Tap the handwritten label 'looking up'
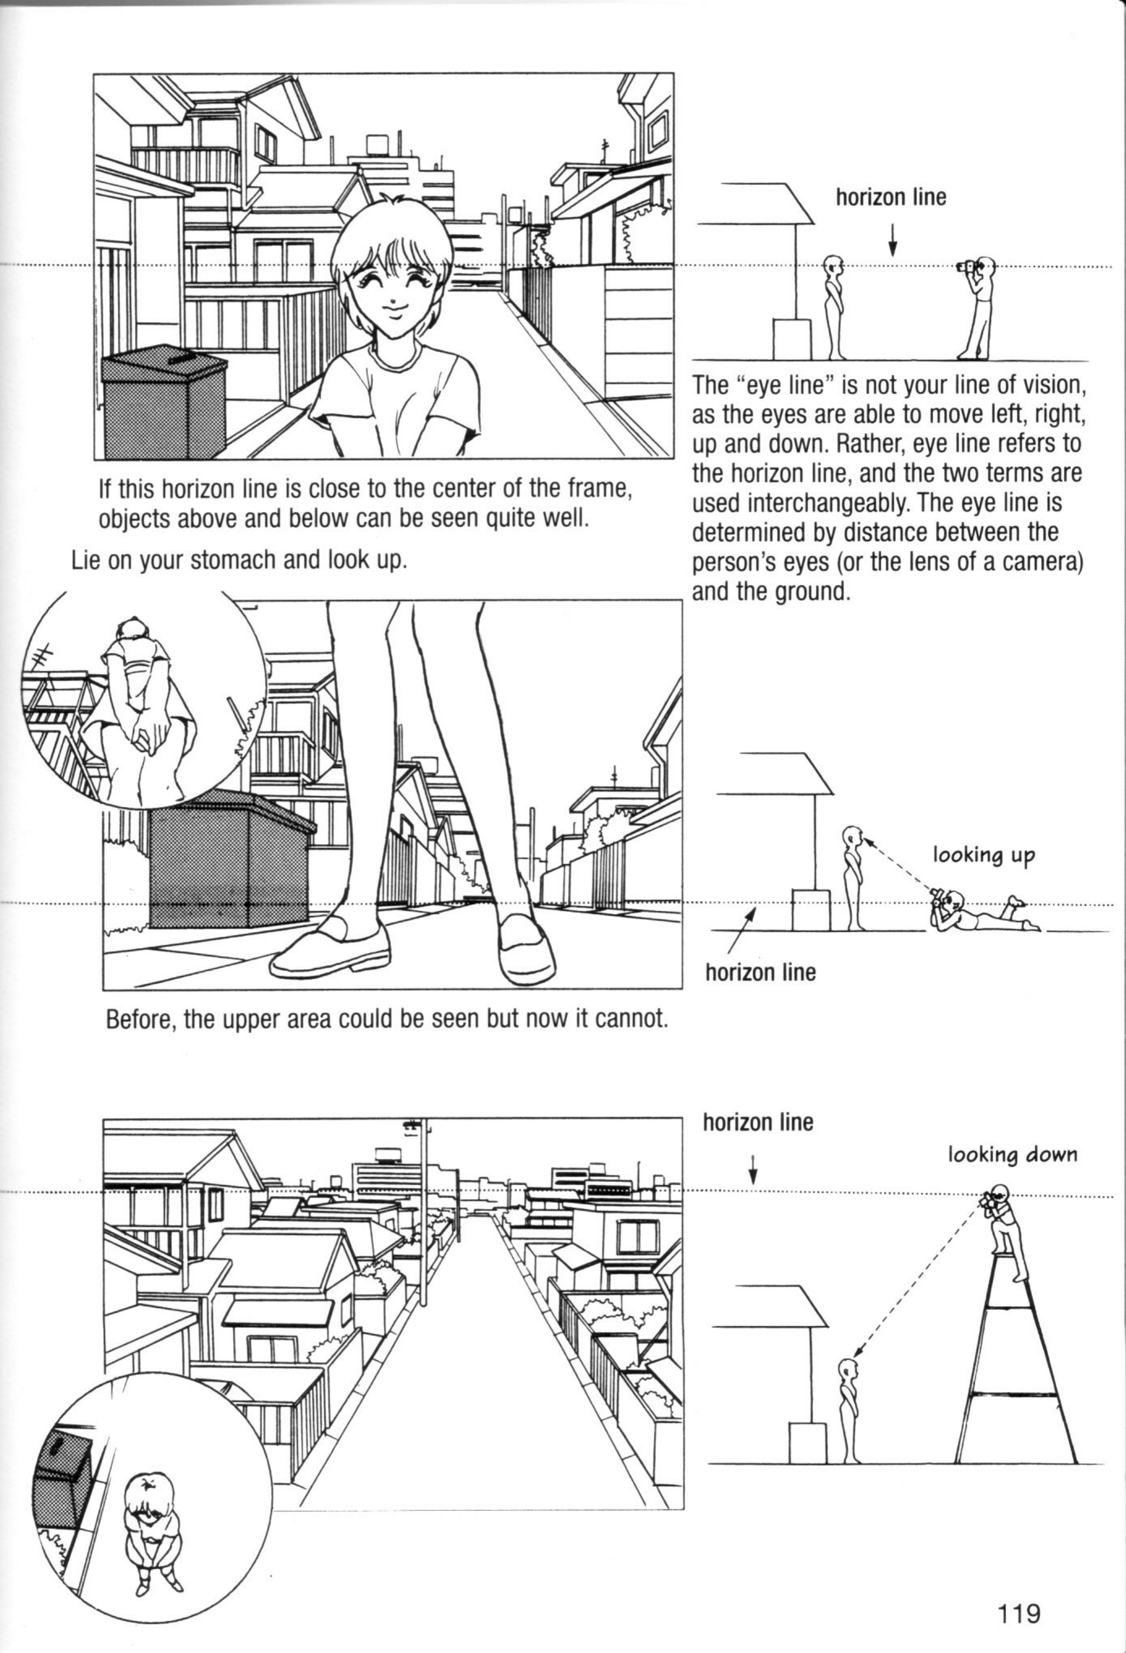(984, 855)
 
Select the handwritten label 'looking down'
(1012, 1154)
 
